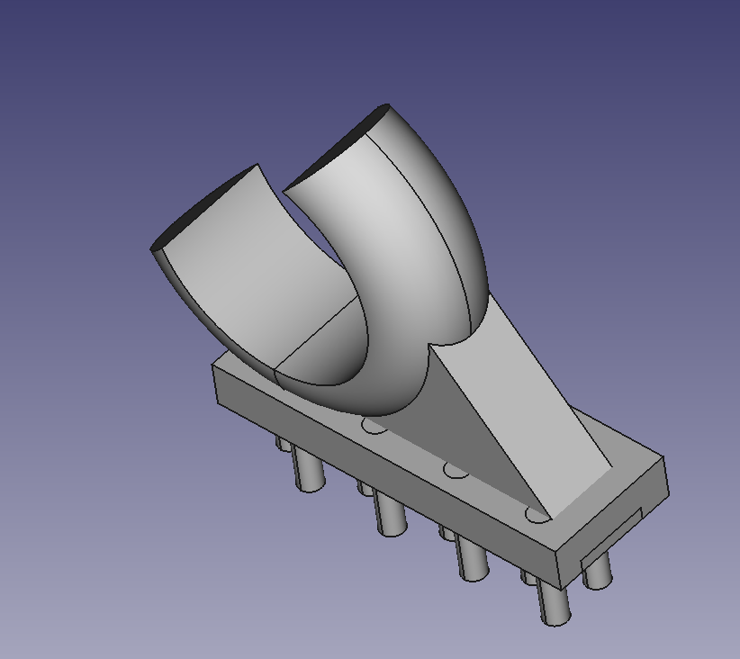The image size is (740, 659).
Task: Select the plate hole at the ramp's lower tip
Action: tap(537, 515)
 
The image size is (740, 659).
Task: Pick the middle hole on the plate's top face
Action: tap(456, 470)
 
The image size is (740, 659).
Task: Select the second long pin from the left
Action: tap(390, 514)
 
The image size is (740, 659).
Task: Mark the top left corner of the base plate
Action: tap(214, 366)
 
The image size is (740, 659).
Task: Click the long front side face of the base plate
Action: tap(387, 468)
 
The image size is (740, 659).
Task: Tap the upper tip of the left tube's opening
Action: tap(257, 165)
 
